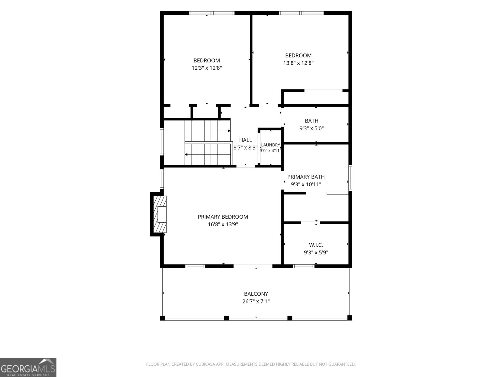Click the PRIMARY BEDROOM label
point(223,217)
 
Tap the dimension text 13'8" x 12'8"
point(298,63)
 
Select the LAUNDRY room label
point(270,145)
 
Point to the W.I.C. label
point(316,245)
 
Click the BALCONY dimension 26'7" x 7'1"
point(256,301)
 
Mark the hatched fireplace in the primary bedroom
point(160,214)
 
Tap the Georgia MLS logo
point(28,367)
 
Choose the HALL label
point(245,140)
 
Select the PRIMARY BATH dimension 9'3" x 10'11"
point(306,184)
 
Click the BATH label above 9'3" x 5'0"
point(312,121)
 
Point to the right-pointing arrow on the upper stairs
point(229,131)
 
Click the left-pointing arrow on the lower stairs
point(186,155)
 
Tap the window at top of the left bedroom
point(212,13)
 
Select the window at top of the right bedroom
point(301,13)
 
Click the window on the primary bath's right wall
point(350,178)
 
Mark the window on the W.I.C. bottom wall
point(303,266)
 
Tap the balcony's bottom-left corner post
point(162,318)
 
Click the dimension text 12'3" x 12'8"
point(207,68)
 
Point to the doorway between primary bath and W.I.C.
point(310,222)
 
